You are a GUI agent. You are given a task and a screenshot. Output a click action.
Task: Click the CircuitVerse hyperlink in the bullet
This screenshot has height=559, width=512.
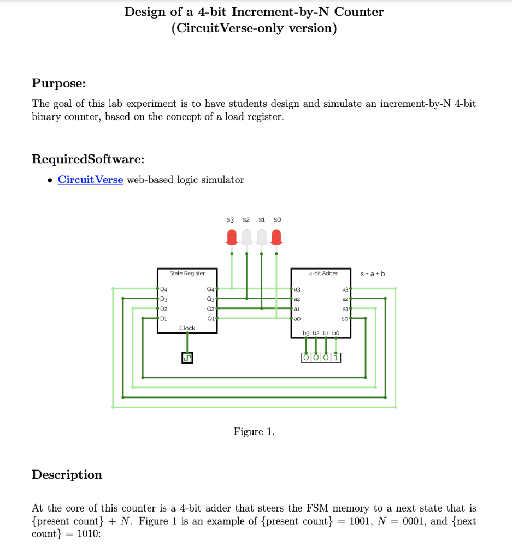coord(90,180)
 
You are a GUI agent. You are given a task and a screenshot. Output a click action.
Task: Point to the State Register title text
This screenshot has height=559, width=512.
coord(187,273)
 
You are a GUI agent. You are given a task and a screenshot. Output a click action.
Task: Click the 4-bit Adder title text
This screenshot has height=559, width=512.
coord(323,273)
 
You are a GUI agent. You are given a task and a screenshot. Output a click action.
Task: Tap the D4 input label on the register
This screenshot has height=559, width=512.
coord(163,289)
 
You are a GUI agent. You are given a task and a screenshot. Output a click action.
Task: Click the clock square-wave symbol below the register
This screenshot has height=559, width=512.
coord(187,358)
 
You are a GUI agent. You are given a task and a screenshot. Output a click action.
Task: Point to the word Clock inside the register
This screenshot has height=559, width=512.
coord(187,328)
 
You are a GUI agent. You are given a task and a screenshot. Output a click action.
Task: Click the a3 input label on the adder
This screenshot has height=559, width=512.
coord(297,289)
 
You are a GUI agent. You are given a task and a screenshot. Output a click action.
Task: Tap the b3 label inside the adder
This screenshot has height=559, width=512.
coord(306,332)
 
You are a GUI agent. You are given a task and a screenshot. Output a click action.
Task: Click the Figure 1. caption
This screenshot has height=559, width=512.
coord(254,432)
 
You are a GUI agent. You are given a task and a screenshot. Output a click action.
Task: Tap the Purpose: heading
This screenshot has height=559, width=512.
coord(58,84)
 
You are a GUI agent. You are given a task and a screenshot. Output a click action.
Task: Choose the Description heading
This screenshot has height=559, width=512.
coord(67,474)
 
